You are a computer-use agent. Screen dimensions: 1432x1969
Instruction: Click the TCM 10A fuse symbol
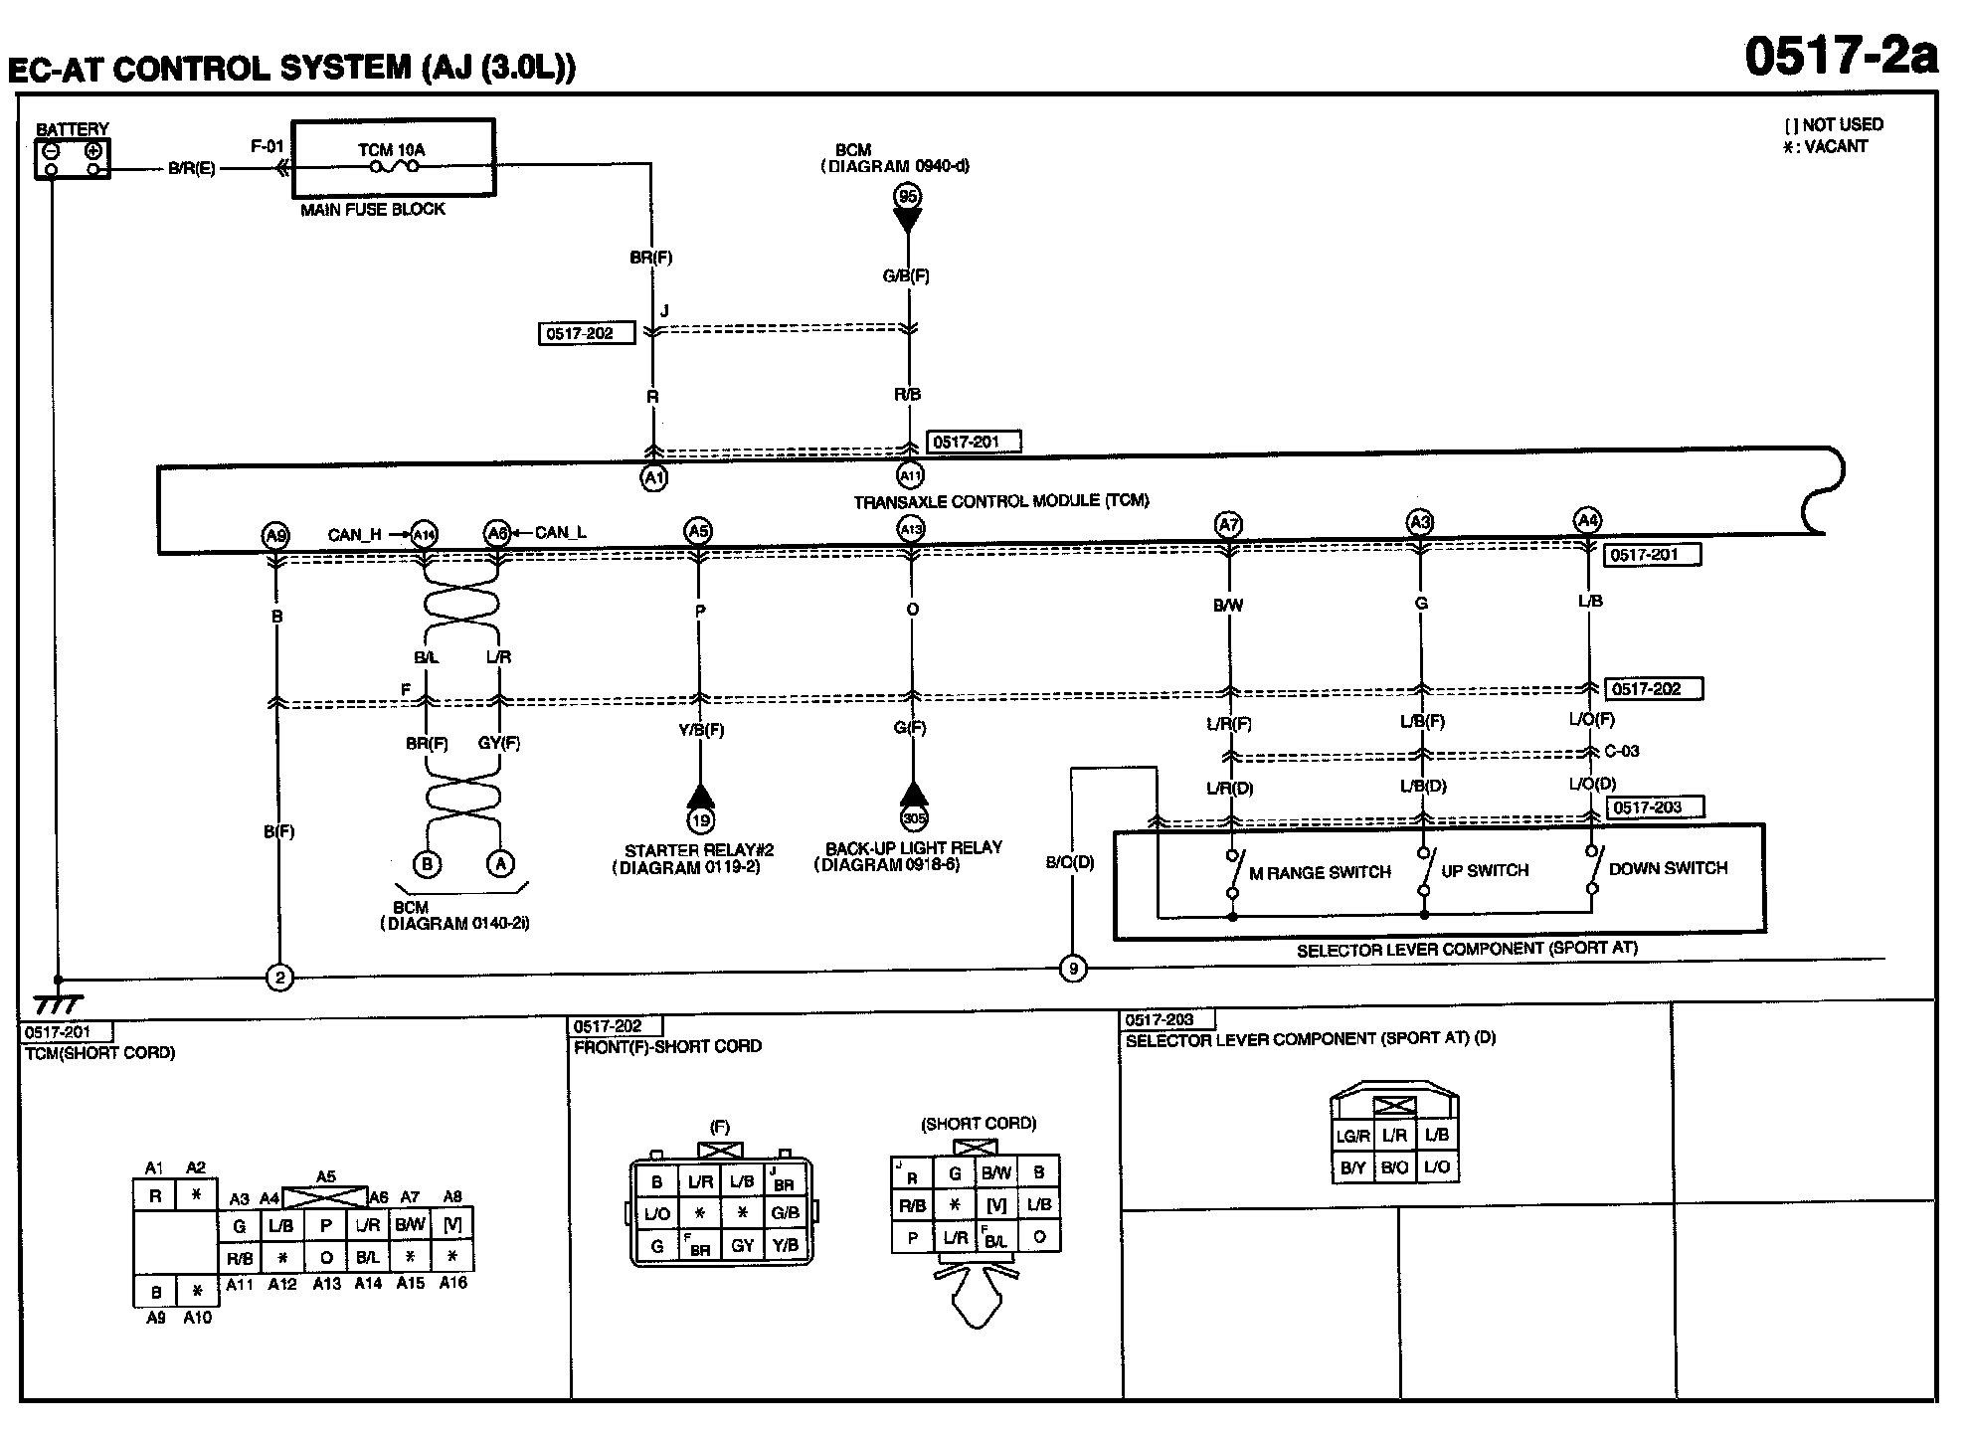[x=394, y=167]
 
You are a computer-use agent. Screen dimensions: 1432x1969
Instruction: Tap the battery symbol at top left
[x=73, y=158]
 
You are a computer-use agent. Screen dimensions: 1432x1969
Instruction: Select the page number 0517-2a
[x=1841, y=57]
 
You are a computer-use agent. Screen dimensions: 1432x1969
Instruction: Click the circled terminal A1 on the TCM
[x=652, y=478]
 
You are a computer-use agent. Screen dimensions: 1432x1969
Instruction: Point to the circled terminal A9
[x=275, y=535]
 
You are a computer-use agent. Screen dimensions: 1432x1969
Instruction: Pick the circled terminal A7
[x=1228, y=524]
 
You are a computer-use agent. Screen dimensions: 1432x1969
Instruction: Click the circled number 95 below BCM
[x=907, y=197]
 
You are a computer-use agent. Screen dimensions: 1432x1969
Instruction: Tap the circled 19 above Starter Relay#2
[x=700, y=820]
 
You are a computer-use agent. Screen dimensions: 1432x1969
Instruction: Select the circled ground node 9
[x=1072, y=969]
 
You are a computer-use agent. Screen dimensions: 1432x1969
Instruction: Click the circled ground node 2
[x=279, y=979]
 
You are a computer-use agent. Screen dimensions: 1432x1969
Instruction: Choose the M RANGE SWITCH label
[x=1320, y=873]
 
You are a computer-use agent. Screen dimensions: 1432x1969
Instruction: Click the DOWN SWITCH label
[x=1668, y=868]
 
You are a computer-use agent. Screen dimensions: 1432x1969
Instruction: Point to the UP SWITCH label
[x=1485, y=871]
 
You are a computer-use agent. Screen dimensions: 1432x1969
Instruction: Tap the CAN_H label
[x=354, y=535]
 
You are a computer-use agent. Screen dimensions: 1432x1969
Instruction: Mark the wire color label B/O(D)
[x=1069, y=863]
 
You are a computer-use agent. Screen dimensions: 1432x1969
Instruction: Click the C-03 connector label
[x=1622, y=752]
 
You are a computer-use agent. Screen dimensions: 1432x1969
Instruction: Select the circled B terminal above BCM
[x=428, y=863]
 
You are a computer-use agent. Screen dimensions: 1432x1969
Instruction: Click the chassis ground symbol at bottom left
[x=57, y=1004]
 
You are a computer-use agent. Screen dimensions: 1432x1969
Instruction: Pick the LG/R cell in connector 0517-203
[x=1352, y=1136]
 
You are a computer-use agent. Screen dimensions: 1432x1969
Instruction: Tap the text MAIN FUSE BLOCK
[x=373, y=210]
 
